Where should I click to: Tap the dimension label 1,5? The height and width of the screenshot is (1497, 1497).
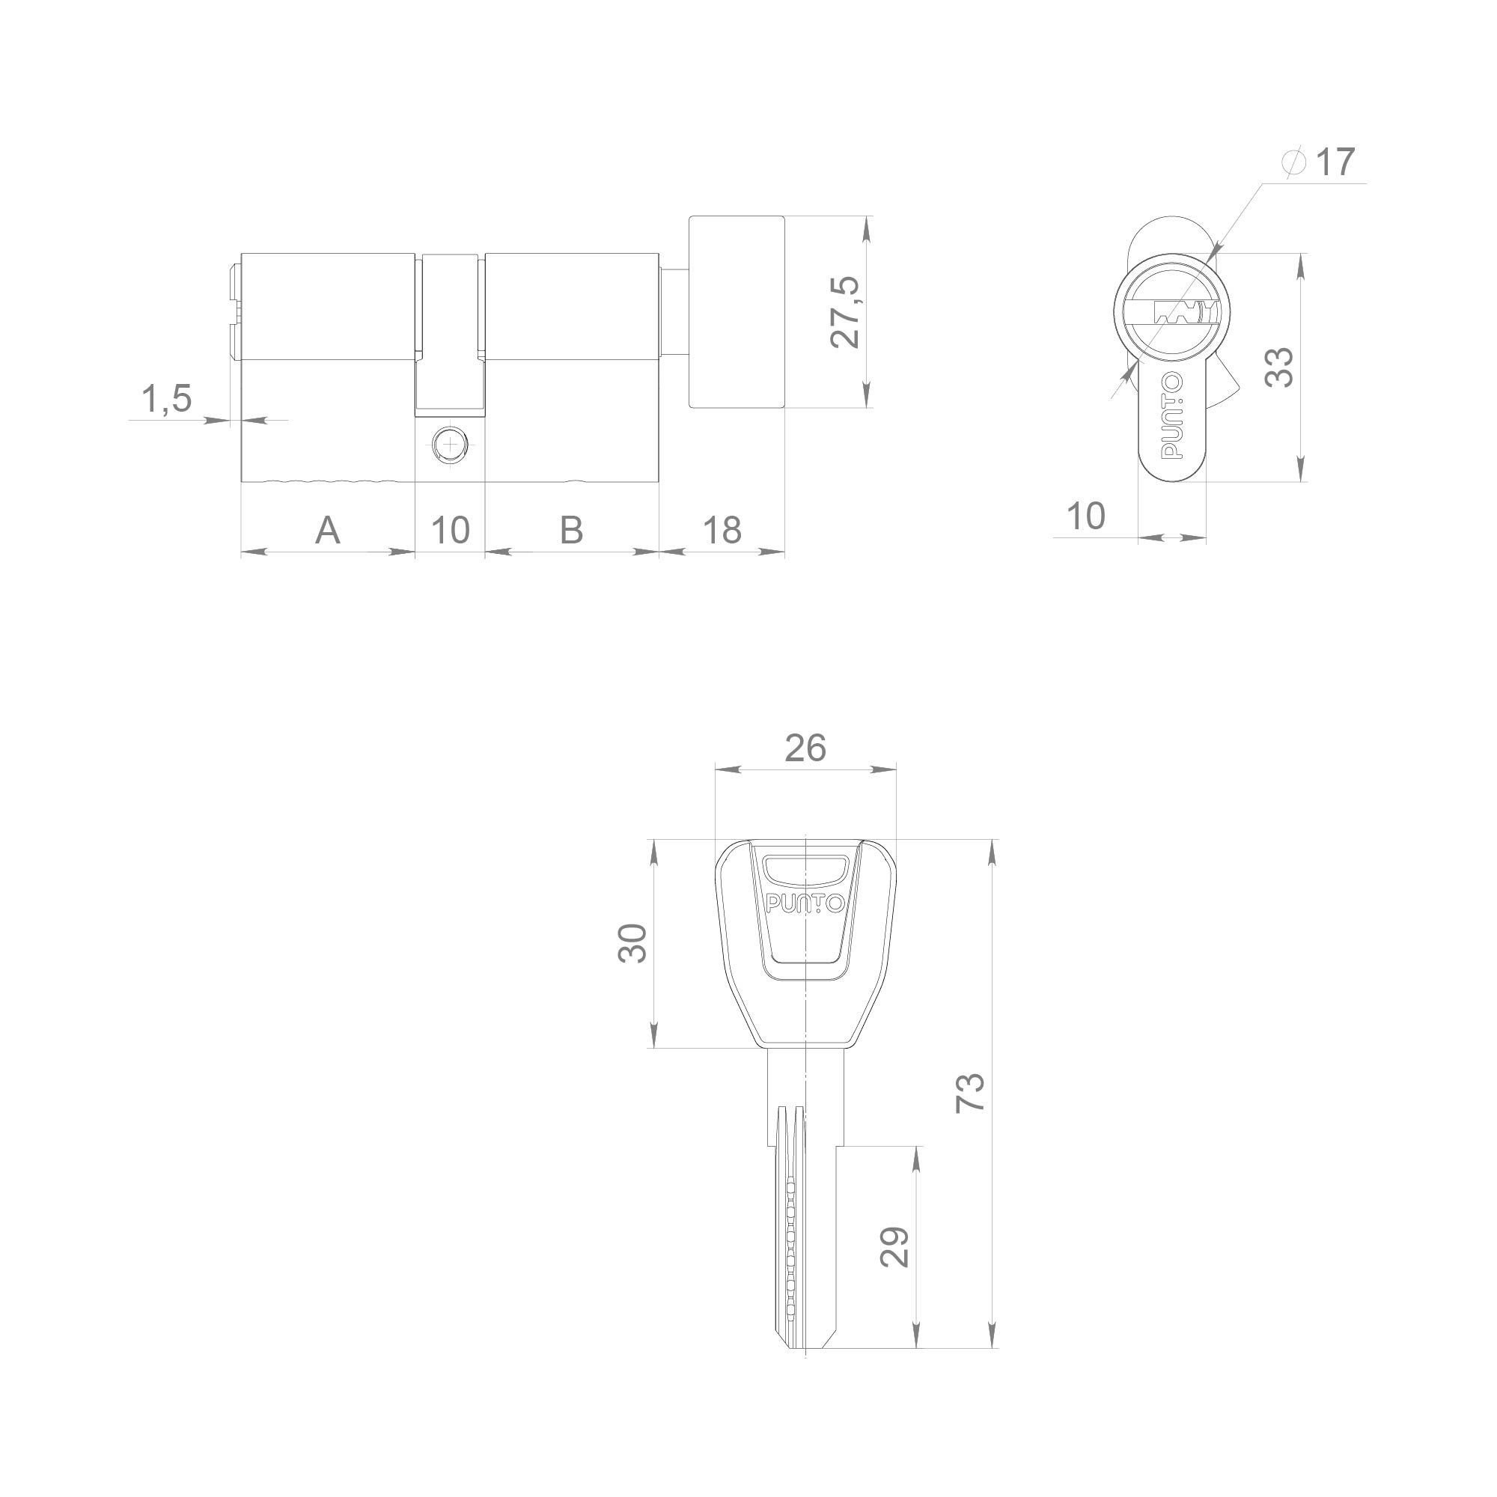pos(166,399)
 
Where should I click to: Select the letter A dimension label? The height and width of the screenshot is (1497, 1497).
pos(328,531)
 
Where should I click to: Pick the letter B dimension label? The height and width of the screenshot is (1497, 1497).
pos(571,531)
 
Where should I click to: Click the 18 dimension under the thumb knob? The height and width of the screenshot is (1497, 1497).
pos(722,531)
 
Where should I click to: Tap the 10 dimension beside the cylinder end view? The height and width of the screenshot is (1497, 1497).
pos(1085,516)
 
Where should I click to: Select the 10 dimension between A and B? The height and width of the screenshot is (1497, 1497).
pos(450,531)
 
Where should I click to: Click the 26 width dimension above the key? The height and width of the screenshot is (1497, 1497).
pos(805,748)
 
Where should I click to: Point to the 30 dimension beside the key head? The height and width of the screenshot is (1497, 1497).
pos(633,943)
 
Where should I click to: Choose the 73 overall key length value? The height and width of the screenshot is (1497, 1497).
pos(970,1094)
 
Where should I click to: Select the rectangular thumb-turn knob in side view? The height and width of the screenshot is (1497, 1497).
pos(737,311)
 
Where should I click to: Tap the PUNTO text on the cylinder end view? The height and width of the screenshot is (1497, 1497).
pos(1172,417)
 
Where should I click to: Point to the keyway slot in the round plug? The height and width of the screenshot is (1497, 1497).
pos(1183,313)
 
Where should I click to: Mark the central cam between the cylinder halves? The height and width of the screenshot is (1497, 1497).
pos(450,333)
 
